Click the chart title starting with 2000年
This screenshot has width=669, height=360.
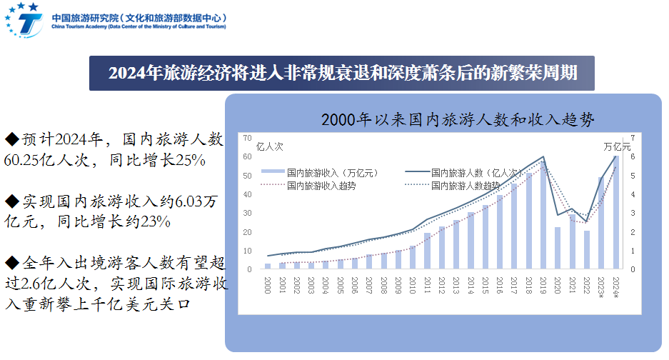[457, 119]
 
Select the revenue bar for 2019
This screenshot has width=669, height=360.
[543, 215]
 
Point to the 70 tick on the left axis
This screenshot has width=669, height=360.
[247, 136]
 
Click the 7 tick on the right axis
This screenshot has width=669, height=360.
[632, 136]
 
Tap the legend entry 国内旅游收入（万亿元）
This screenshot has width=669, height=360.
[321, 172]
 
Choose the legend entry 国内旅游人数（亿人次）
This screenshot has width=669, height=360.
[464, 172]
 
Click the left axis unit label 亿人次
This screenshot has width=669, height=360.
[269, 146]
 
